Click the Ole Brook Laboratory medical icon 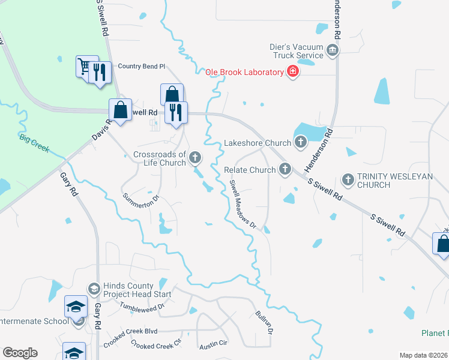coord(293,73)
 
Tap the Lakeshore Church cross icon coord(300,143)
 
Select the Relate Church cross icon coord(285,170)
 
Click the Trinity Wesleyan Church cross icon coord(348,179)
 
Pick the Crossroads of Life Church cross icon coord(194,158)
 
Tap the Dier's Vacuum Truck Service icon coord(332,50)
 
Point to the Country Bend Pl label coord(141,66)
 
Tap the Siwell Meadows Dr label coord(243,206)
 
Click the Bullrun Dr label coord(265,322)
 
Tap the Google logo coord(20,353)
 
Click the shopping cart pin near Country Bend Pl coord(85,65)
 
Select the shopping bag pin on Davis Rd coord(120,110)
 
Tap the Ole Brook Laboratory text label coord(244,73)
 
